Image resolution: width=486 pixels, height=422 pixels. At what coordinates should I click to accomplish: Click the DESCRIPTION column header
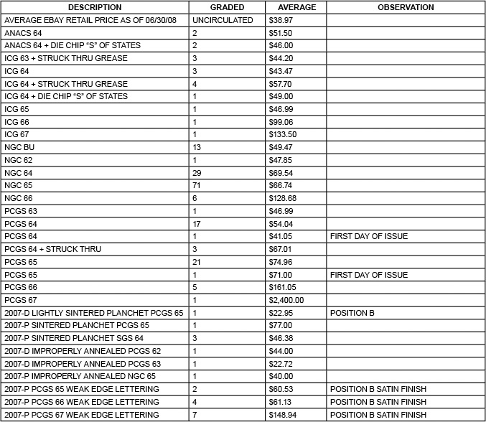pyautogui.click(x=95, y=7)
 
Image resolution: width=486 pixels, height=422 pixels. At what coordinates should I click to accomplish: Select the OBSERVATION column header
pyautogui.click(x=406, y=7)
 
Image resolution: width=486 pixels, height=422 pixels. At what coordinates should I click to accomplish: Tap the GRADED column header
pyautogui.click(x=227, y=7)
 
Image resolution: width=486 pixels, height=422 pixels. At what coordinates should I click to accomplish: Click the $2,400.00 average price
pyautogui.click(x=286, y=300)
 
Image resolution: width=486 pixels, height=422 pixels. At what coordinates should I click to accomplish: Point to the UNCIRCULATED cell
pyautogui.click(x=223, y=20)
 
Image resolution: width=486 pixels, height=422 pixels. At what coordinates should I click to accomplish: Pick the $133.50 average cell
pyautogui.click(x=283, y=134)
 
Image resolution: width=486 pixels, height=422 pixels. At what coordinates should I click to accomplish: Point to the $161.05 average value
pyautogui.click(x=283, y=287)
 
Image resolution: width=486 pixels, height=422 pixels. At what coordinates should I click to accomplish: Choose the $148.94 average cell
pyautogui.click(x=283, y=415)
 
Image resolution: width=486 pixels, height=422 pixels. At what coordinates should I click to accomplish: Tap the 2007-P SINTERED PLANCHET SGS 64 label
pyautogui.click(x=74, y=338)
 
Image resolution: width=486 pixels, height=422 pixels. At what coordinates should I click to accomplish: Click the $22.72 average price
pyautogui.click(x=281, y=364)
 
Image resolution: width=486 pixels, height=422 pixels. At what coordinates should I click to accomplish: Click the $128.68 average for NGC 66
pyautogui.click(x=283, y=198)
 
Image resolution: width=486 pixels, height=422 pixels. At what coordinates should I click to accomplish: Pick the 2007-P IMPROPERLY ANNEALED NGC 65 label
pyautogui.click(x=80, y=377)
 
